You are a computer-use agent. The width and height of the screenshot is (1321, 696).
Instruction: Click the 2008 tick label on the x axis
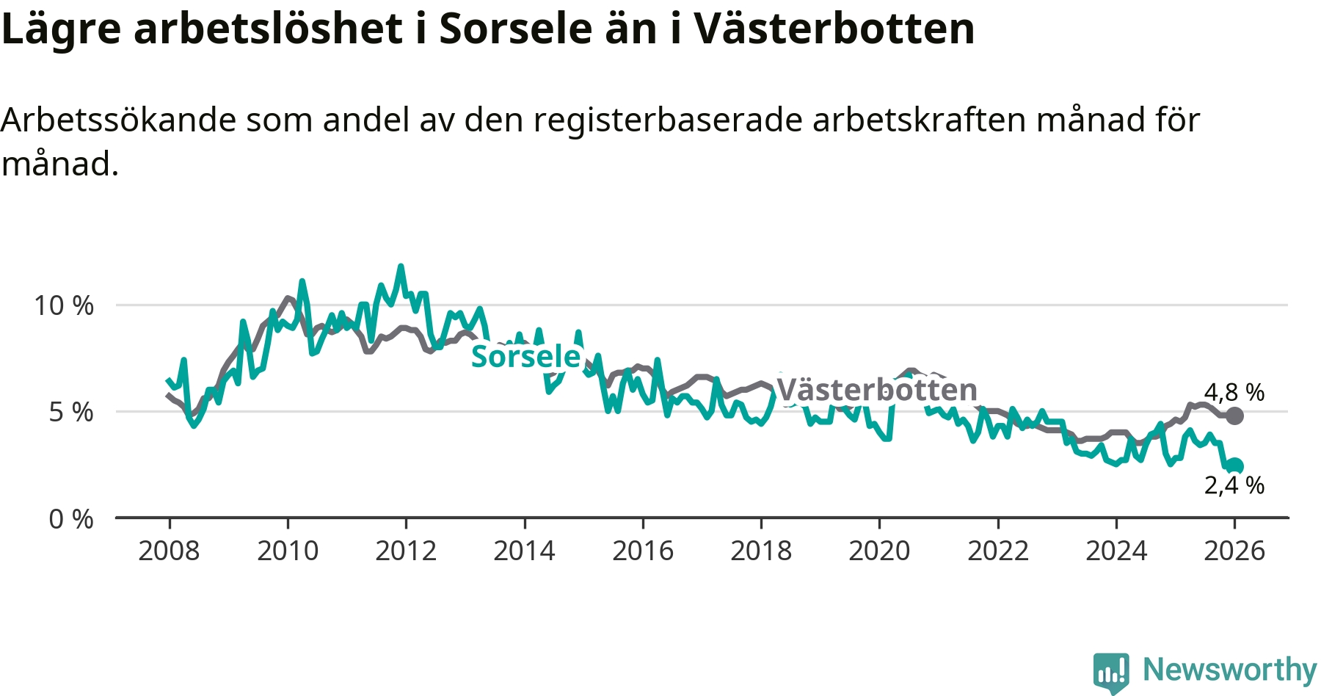pyautogui.click(x=169, y=551)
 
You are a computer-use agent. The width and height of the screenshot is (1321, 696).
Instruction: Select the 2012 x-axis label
pyautogui.click(x=406, y=551)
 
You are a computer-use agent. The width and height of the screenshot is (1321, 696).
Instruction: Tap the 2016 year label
pyautogui.click(x=643, y=551)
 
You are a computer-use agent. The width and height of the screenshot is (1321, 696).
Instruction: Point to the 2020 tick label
pyautogui.click(x=879, y=551)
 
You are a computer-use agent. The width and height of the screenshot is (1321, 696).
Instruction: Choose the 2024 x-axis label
pyautogui.click(x=1116, y=551)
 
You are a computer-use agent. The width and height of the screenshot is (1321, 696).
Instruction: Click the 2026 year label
pyautogui.click(x=1234, y=551)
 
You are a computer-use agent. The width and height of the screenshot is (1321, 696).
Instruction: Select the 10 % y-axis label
pyautogui.click(x=64, y=305)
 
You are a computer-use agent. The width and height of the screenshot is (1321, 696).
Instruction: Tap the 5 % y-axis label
pyautogui.click(x=71, y=413)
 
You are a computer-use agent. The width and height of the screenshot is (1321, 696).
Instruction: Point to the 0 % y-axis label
pyautogui.click(x=71, y=520)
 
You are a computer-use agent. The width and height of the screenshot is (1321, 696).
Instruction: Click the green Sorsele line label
pyautogui.click(x=525, y=357)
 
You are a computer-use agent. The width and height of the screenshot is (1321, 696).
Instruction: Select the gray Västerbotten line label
pyautogui.click(x=876, y=390)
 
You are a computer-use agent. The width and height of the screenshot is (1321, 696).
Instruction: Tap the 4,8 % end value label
pyautogui.click(x=1234, y=393)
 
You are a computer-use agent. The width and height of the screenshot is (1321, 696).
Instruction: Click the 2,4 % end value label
pyautogui.click(x=1234, y=485)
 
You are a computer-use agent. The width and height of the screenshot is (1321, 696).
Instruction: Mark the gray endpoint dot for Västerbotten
pyautogui.click(x=1235, y=416)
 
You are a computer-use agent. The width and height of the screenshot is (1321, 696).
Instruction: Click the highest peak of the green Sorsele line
pyautogui.click(x=401, y=267)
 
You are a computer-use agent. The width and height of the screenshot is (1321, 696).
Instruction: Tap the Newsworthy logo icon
pyautogui.click(x=1110, y=672)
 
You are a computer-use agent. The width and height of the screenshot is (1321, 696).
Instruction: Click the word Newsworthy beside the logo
pyautogui.click(x=1230, y=670)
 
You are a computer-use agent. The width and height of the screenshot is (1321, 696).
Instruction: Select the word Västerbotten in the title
pyautogui.click(x=834, y=29)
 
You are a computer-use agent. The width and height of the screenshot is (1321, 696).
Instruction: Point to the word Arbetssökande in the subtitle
pyautogui.click(x=119, y=120)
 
